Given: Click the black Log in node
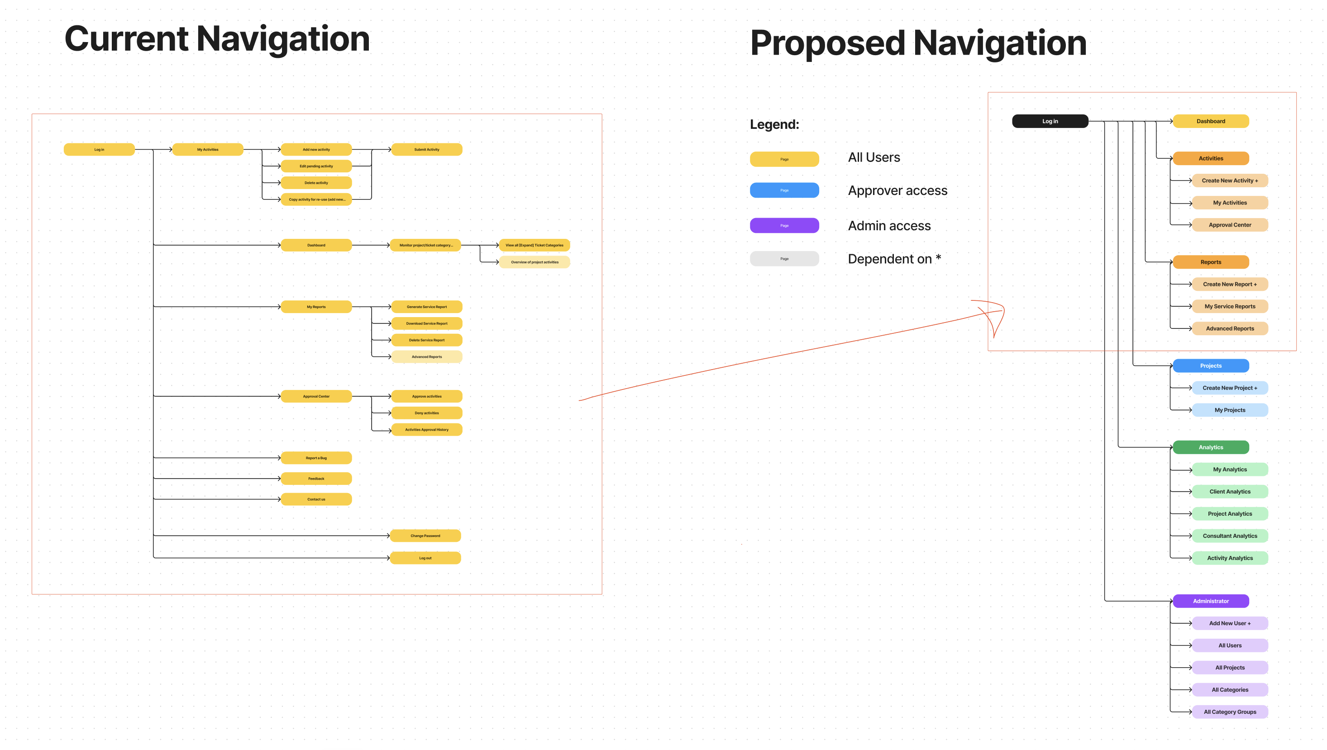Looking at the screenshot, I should coord(1050,121).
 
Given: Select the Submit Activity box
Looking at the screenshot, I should coord(426,149).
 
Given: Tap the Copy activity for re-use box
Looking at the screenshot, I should coord(316,199).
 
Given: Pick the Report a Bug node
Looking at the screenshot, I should coord(316,458).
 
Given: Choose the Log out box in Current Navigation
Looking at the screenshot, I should coord(425,558).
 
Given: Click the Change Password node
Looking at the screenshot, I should coord(425,536).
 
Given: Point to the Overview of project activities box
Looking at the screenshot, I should coord(535,262).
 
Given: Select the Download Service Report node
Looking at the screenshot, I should coord(426,323).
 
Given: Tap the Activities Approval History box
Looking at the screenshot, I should coord(426,430).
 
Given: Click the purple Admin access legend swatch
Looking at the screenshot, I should coord(784,226).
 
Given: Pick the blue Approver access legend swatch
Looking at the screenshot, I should coord(784,190).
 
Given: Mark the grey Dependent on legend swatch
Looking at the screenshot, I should coord(784,259).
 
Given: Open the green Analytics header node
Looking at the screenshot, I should coord(1211,447).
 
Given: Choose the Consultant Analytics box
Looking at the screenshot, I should coord(1230,536).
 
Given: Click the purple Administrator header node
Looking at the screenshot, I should coord(1211,601).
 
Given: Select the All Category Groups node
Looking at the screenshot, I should coord(1230,712).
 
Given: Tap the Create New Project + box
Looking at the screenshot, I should coord(1230,388).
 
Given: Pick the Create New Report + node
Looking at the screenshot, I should coord(1230,285).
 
